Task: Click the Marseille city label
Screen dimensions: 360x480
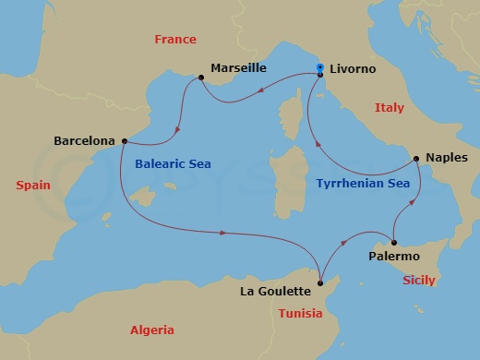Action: [238, 67]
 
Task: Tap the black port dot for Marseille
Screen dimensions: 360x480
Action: [200, 78]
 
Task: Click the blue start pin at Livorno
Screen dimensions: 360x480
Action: [319, 67]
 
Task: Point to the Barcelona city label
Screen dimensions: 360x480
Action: [85, 141]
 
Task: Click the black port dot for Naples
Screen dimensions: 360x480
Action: [416, 158]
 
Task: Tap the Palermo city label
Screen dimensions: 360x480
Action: [394, 255]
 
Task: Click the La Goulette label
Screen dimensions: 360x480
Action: [274, 292]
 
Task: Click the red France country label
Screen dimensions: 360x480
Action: [175, 40]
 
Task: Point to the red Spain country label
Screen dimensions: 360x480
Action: [33, 186]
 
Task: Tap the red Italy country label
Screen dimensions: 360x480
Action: [389, 108]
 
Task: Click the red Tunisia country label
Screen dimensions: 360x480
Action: [300, 313]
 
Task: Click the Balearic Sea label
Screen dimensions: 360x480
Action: [173, 163]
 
